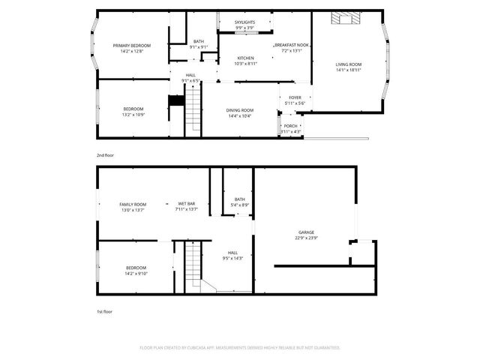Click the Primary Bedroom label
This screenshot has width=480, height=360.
pos(132,46)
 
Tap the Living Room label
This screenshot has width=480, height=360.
pos(348,64)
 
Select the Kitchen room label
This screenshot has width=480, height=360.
pos(245,58)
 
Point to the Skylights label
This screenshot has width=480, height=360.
pos(244,22)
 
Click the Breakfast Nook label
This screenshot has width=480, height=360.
pos(292,46)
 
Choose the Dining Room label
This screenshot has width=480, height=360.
pos(239,110)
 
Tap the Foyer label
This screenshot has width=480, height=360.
pos(295,97)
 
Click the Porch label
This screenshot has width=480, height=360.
pos(291,126)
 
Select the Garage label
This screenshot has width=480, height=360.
pos(306,232)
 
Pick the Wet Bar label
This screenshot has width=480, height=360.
pos(187,204)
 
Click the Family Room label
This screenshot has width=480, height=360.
pos(133,204)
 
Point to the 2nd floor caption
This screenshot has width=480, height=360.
pos(105,155)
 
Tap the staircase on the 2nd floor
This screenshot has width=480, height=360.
pos(193,109)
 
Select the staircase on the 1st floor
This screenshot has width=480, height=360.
pos(193,264)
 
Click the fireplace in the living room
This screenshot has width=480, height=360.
pos(347,17)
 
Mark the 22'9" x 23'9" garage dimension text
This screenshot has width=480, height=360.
pos(306,238)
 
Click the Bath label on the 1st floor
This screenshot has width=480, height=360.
pos(239,199)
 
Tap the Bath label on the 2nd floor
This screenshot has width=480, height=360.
pos(198,41)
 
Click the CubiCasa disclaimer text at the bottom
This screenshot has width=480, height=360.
pos(240,348)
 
